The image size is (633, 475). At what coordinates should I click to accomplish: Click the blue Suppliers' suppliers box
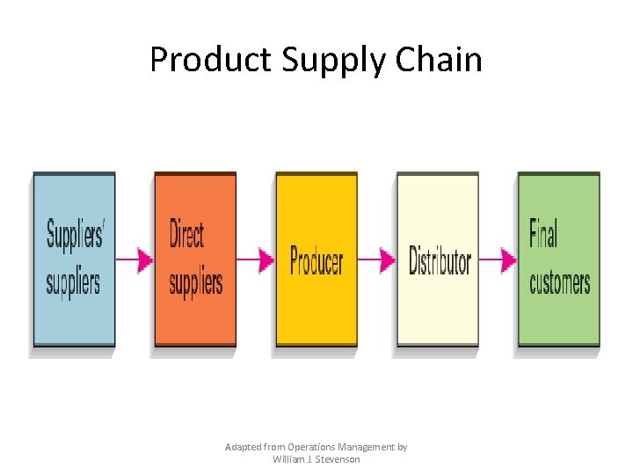pos(74,259)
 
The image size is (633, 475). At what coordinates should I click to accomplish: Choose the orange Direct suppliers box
pos(195,259)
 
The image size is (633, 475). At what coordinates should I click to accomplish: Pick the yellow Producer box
pos(316,259)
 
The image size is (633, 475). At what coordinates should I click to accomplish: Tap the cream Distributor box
pos(438,259)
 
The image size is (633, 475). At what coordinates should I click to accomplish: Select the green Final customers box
pos(559,259)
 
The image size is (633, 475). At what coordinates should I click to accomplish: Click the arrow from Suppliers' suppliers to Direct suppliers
pos(135,259)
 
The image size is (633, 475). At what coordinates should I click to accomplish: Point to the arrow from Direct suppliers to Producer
pos(256,259)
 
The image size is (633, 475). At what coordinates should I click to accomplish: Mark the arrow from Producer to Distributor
pos(377,259)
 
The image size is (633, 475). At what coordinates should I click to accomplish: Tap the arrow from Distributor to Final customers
pos(498,259)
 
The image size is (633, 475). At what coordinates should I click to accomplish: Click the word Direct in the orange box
pos(186,236)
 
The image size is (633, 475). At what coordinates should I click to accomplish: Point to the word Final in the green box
pos(543,235)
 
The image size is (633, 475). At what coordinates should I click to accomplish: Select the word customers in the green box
pos(560,282)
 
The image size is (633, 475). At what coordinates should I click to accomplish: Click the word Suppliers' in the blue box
pos(74,236)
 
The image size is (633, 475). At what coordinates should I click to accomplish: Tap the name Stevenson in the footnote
pos(337,459)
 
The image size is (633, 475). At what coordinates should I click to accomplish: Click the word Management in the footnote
pos(361,447)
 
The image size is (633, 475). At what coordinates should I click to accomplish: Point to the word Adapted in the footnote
pos(243,447)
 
